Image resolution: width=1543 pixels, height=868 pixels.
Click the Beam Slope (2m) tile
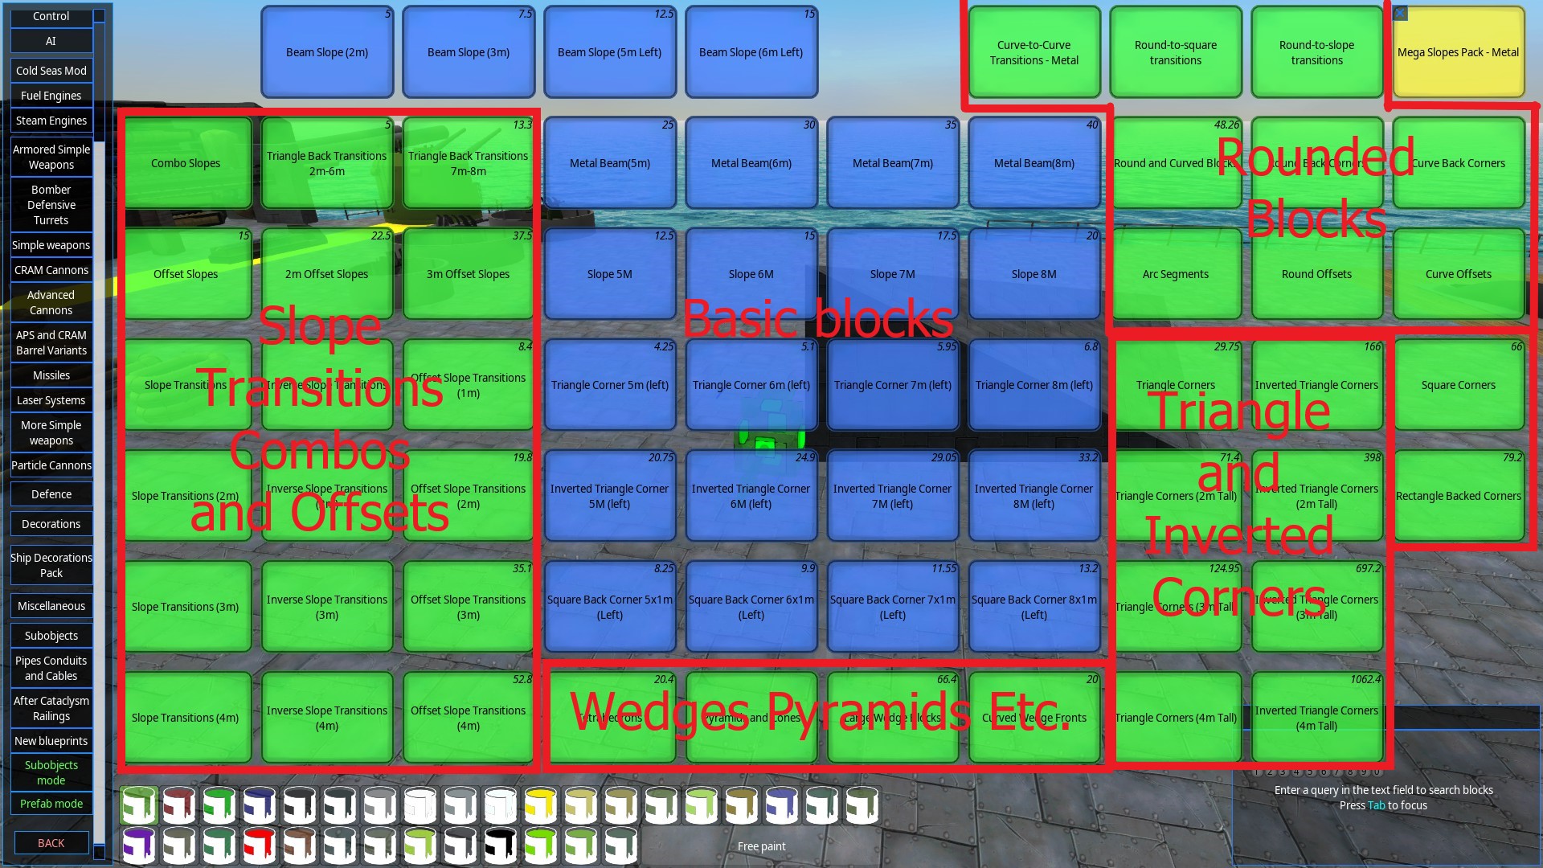(x=327, y=52)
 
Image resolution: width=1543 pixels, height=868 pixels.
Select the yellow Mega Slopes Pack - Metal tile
(x=1458, y=52)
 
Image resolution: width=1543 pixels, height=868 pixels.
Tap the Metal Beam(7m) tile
(x=892, y=163)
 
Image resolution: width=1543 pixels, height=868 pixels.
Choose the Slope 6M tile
(x=751, y=274)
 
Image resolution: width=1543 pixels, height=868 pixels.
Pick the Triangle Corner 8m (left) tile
(x=1033, y=385)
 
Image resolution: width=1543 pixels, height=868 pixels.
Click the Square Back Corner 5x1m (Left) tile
(x=609, y=607)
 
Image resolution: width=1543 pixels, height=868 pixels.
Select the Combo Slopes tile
(x=186, y=163)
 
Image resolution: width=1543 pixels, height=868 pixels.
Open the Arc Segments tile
(x=1175, y=274)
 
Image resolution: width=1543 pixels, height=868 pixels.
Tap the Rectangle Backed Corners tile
(x=1458, y=496)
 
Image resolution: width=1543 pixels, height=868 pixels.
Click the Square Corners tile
(x=1458, y=385)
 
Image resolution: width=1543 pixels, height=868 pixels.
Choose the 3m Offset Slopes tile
(x=468, y=274)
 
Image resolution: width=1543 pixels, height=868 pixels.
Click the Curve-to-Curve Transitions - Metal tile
(x=1033, y=52)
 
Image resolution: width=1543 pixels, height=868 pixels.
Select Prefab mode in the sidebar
(x=51, y=804)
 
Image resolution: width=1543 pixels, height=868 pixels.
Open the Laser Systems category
(x=51, y=400)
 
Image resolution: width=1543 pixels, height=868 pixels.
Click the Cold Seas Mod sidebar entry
(x=51, y=71)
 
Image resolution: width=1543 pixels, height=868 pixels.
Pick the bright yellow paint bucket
(x=541, y=805)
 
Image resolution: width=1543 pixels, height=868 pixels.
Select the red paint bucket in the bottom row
(x=259, y=845)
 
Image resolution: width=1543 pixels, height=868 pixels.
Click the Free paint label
(x=761, y=846)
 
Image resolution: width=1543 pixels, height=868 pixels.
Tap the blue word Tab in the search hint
(x=1376, y=805)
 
